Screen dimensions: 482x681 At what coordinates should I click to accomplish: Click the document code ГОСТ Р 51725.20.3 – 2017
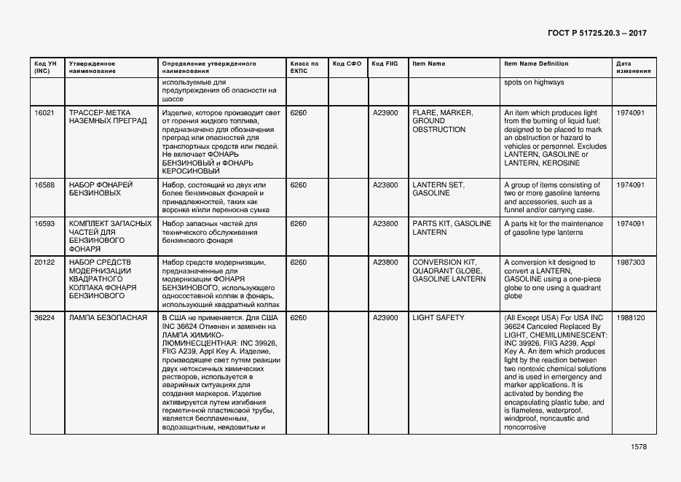coord(597,34)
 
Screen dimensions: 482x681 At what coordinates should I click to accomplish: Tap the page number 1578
coord(639,447)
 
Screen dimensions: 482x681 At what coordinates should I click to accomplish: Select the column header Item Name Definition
coord(536,63)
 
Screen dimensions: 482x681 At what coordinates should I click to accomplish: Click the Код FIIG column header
coord(385,63)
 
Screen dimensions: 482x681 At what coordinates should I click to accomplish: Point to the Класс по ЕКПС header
coord(304,67)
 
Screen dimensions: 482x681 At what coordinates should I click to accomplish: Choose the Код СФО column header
coord(347,63)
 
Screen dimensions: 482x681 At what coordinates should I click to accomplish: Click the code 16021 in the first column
coord(44,112)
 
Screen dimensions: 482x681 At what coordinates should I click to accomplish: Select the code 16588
coord(44,185)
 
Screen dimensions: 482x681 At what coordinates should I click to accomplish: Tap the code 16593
coord(44,224)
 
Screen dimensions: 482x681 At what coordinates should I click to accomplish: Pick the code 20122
coord(44,263)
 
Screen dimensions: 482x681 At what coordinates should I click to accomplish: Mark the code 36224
coord(44,318)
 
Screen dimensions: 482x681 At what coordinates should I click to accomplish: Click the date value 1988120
coord(630,318)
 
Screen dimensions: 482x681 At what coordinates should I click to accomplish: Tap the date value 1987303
coord(630,263)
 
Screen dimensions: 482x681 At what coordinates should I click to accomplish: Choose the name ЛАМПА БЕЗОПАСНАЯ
coord(108,318)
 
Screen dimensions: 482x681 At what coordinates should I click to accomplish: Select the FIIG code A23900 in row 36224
coord(385,318)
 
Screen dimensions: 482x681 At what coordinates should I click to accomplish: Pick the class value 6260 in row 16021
coord(298,112)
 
